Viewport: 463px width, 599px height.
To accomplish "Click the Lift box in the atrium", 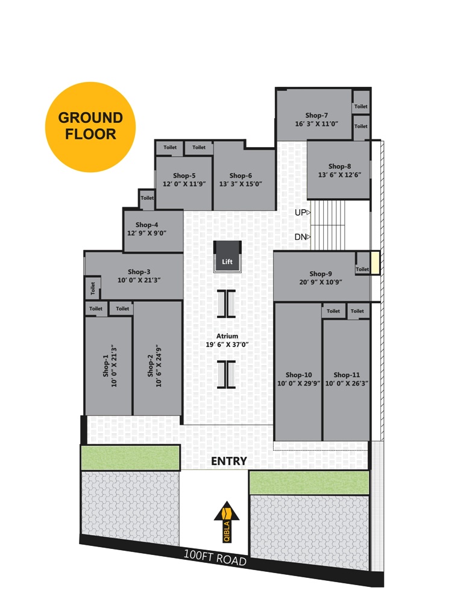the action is tap(227, 256).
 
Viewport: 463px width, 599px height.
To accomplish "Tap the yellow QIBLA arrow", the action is tap(227, 521).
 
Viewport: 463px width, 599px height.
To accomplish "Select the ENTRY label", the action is tap(229, 461).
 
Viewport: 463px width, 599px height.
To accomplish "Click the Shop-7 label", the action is tap(317, 115).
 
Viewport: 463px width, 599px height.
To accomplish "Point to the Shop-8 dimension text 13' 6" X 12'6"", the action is tap(339, 175).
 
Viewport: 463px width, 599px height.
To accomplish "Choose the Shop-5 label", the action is tap(184, 175).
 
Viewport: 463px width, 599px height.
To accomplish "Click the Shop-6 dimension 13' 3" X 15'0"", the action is tap(241, 184).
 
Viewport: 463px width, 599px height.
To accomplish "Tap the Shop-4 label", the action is tap(147, 225).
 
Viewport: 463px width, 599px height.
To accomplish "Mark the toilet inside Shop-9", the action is tap(362, 263).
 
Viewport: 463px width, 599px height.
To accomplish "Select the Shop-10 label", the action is tap(298, 375).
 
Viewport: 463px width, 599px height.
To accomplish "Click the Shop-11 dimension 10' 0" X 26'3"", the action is tap(347, 383).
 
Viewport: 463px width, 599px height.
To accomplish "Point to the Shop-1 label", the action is tap(106, 366).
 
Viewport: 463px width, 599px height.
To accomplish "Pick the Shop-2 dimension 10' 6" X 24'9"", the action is tap(159, 366).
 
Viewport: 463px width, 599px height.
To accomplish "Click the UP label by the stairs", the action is tap(300, 212).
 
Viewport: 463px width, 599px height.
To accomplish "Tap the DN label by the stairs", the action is tap(300, 237).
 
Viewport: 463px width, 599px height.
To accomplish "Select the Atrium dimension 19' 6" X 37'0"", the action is tap(227, 344).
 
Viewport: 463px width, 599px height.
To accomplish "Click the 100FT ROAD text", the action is tap(215, 558).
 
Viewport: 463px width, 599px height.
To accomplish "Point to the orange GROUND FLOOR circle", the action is tap(90, 127).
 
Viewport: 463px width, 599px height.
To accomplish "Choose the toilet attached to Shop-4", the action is tap(147, 199).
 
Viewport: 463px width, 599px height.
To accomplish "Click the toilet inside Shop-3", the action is tap(92, 287).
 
